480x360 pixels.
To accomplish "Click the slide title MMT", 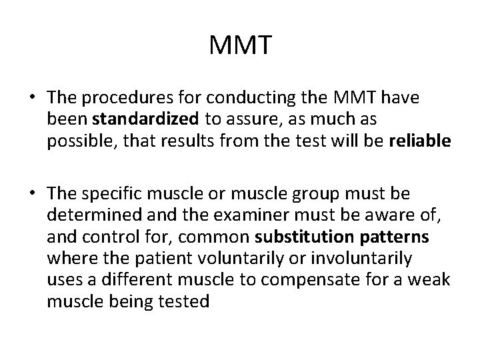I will pyautogui.click(x=240, y=46).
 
